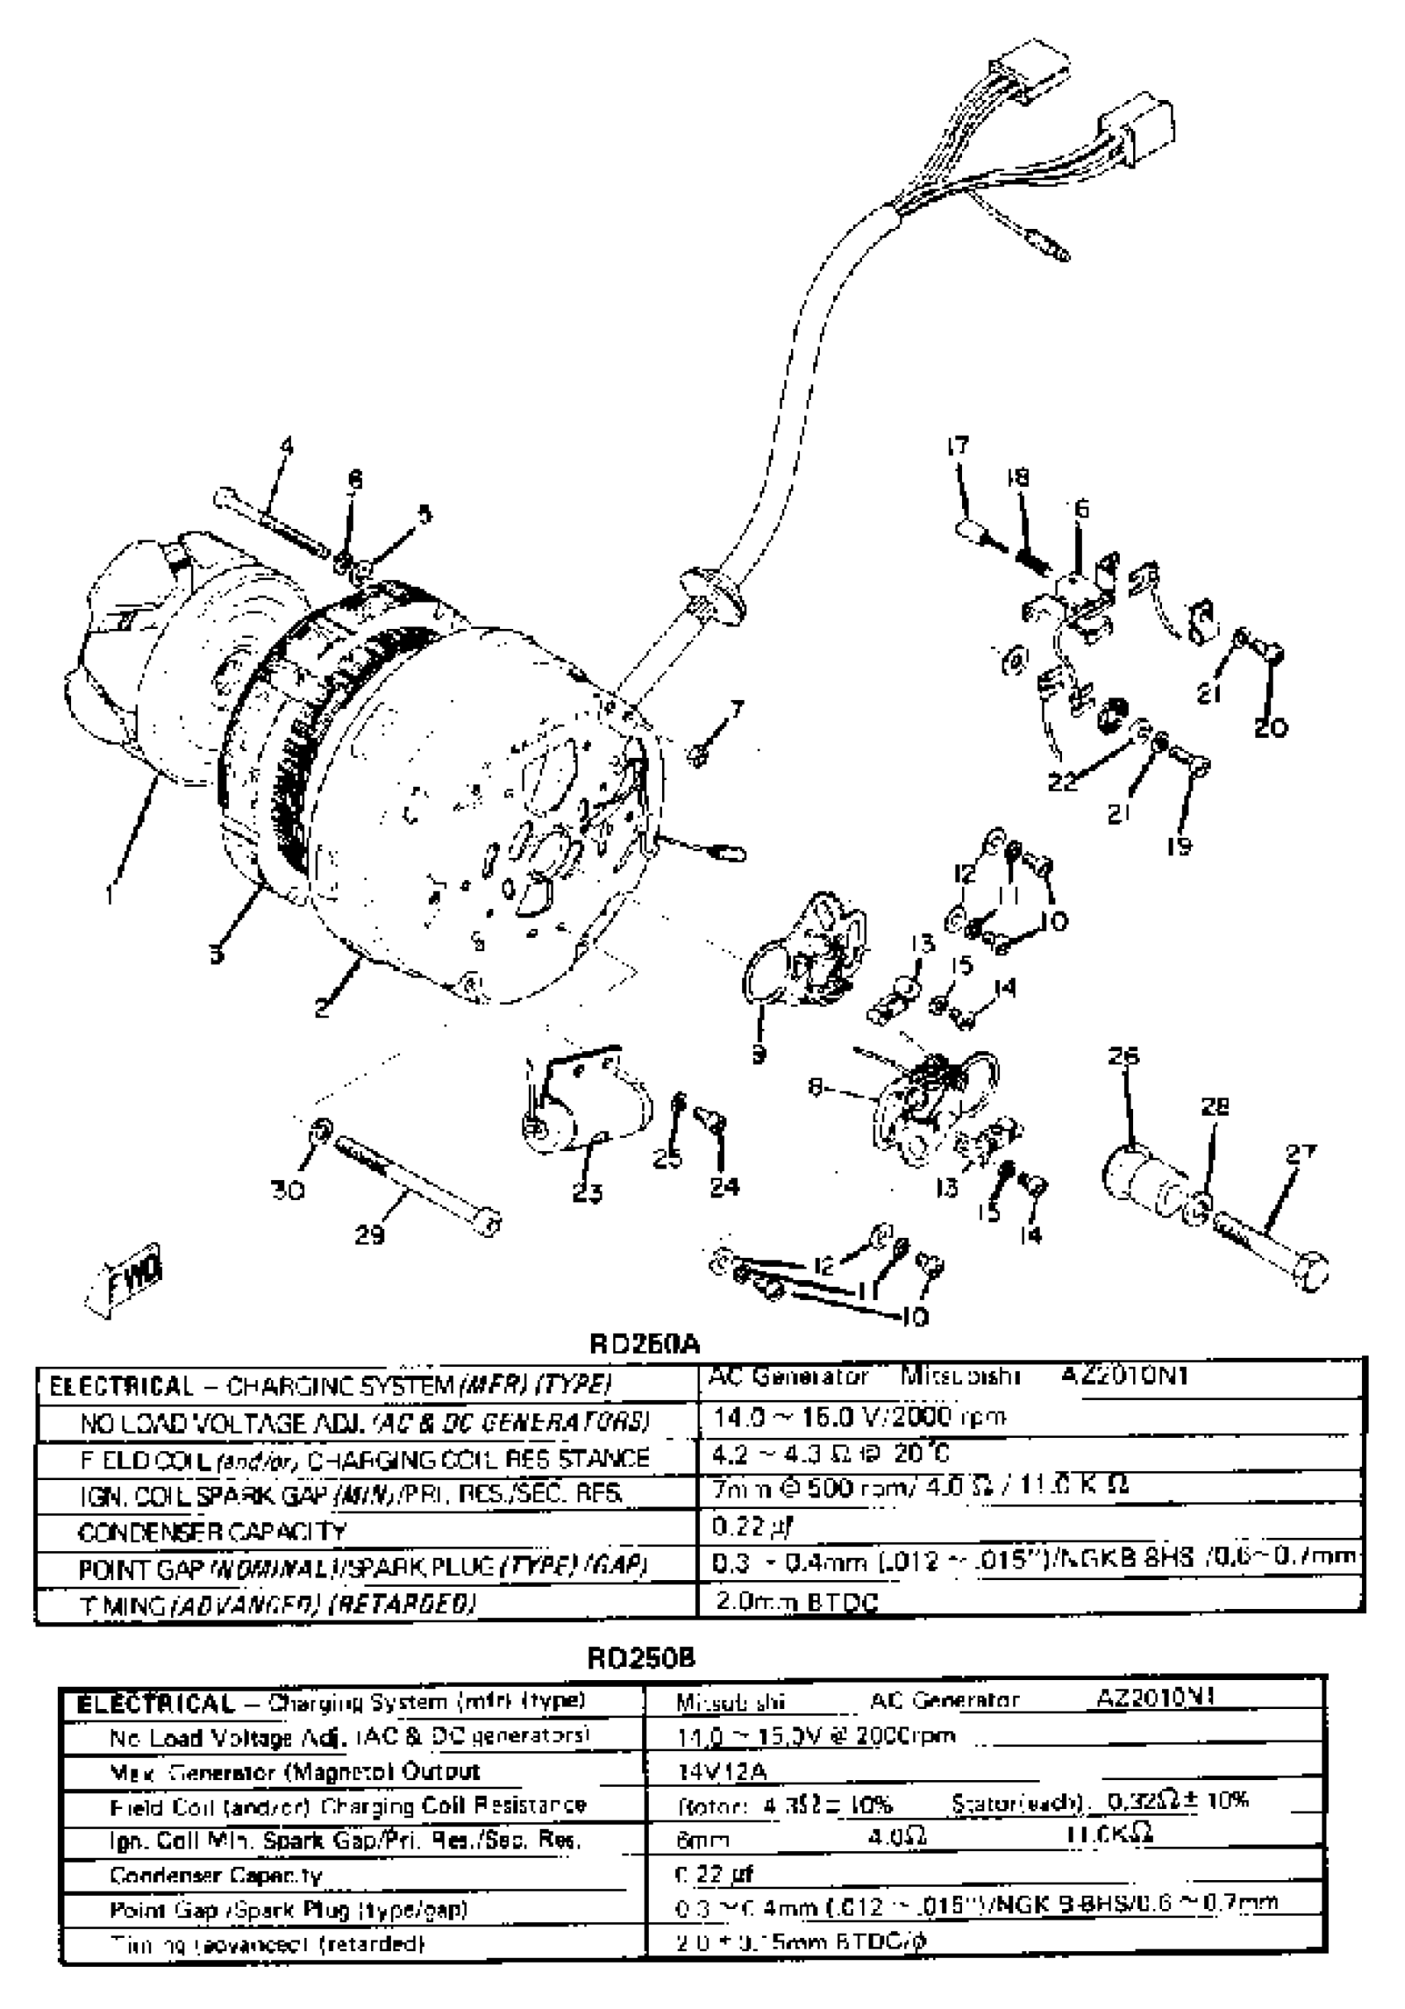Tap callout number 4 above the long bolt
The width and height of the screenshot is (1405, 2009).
pos(286,446)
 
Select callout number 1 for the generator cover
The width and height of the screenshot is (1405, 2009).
pos(109,894)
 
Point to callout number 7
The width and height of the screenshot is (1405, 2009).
pos(737,708)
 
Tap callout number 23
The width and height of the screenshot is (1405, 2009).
pos(587,1192)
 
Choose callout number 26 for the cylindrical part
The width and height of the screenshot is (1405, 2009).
pos(1123,1056)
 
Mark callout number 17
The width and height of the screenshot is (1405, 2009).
pos(958,445)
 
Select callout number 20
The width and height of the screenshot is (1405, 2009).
pos(1270,727)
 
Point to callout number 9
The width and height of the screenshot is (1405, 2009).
pos(759,1054)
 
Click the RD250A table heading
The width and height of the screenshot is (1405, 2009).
pos(645,1343)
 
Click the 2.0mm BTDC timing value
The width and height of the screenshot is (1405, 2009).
pos(796,1602)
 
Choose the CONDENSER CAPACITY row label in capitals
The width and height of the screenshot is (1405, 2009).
pos(212,1531)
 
